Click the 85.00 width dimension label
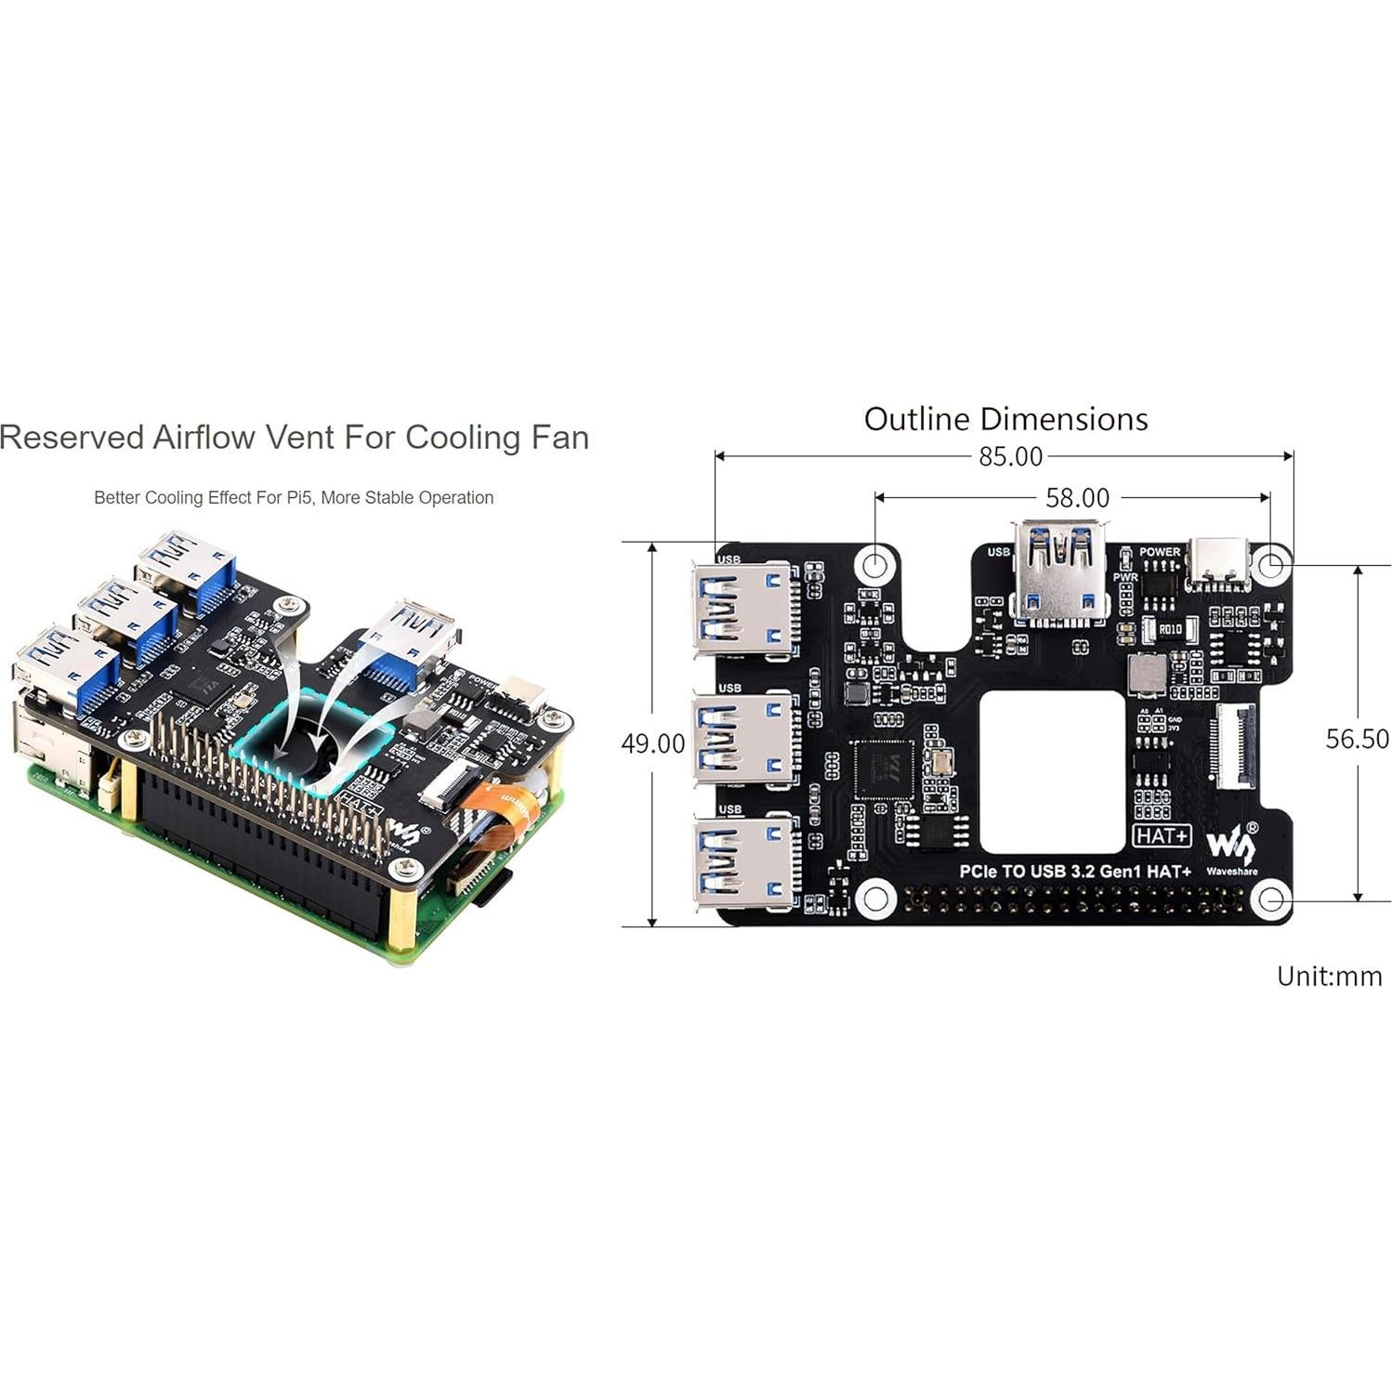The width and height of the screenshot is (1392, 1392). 1010,457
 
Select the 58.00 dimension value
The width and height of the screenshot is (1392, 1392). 1077,498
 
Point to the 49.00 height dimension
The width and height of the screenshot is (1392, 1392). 652,743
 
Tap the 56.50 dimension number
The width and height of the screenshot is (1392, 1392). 1357,739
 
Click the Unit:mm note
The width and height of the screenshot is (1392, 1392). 1329,976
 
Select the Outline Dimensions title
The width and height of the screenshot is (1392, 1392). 1005,419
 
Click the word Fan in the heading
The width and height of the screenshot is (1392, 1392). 560,438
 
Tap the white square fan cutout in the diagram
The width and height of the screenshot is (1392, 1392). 1051,771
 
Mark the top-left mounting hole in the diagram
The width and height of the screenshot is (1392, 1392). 874,564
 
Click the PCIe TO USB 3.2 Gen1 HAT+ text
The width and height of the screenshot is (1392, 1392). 1075,872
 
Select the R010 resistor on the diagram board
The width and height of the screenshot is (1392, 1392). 1169,629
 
